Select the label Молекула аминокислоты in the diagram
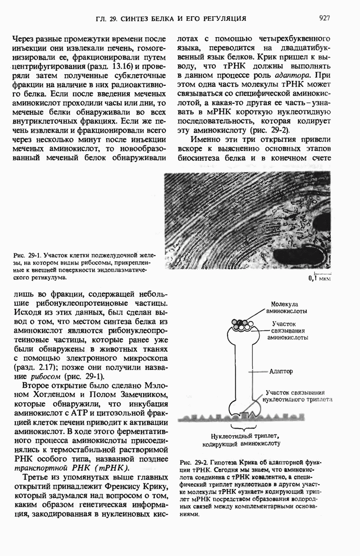pyautogui.click(x=291, y=307)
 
